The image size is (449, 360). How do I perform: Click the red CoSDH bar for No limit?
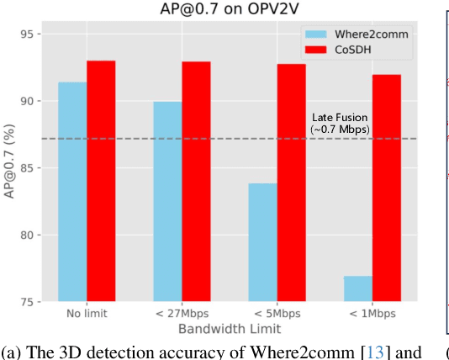pos(101,181)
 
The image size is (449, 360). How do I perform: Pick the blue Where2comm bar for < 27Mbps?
pos(168,202)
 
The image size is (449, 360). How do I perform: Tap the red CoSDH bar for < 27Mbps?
pos(196,181)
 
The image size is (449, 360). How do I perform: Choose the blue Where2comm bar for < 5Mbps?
pos(263,242)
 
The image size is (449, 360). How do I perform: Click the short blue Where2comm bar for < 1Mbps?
pos(358,289)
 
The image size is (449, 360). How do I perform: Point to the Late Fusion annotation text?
pos(340,123)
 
